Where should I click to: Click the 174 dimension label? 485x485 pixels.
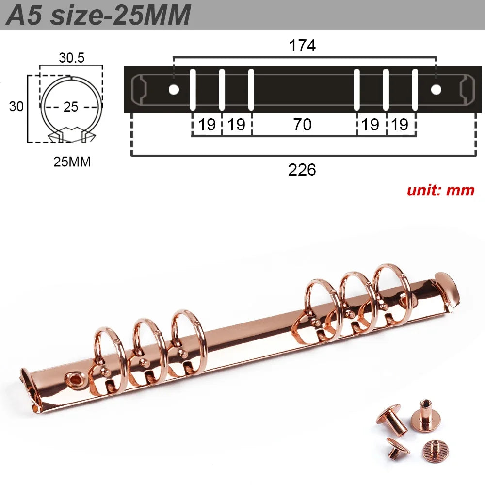click(302, 46)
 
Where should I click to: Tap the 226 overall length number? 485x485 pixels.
click(302, 170)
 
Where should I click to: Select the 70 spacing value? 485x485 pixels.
click(302, 125)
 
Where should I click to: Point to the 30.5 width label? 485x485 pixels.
click(72, 58)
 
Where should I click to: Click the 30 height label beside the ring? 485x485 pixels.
click(16, 106)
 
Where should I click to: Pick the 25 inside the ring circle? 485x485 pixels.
click(71, 107)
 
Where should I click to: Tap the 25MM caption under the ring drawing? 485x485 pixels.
click(72, 162)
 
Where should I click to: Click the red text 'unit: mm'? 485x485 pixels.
click(440, 190)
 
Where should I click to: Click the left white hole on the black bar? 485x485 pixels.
click(173, 89)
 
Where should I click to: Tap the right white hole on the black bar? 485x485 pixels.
click(436, 89)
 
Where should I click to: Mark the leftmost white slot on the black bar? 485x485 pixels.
click(193, 90)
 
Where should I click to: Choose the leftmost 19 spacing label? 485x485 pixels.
click(207, 125)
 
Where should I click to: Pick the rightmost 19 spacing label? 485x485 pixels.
click(400, 125)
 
